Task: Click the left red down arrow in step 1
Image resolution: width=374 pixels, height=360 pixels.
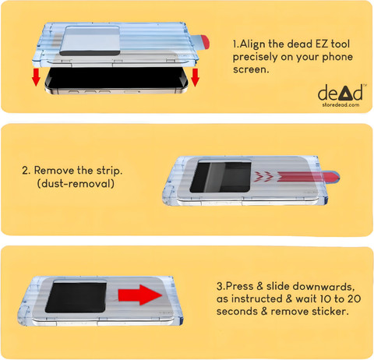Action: tap(36, 77)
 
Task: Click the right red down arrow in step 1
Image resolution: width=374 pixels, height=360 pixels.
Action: tap(195, 77)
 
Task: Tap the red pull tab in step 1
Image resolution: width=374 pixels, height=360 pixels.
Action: tap(205, 42)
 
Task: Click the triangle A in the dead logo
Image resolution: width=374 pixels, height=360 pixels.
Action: tap(345, 94)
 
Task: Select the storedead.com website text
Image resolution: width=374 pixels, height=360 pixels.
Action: tap(340, 105)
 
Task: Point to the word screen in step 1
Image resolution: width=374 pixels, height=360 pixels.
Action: tap(251, 69)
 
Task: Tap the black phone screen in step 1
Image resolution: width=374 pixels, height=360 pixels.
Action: tap(116, 78)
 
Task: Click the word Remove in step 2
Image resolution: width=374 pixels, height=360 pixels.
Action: tap(55, 171)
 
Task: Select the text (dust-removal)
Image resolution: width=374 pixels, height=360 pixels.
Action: tap(76, 183)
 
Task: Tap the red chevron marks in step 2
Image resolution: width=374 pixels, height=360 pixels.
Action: tap(264, 176)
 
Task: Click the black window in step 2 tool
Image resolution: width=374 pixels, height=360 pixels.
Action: tap(221, 177)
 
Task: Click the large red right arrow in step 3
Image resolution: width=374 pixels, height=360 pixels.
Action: tap(140, 295)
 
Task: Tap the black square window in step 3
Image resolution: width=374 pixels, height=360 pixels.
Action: tap(76, 298)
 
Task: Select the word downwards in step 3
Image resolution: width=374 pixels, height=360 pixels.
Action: tap(325, 287)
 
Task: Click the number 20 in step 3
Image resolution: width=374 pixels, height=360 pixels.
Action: tap(354, 299)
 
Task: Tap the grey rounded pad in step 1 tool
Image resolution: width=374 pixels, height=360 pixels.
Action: tap(90, 41)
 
